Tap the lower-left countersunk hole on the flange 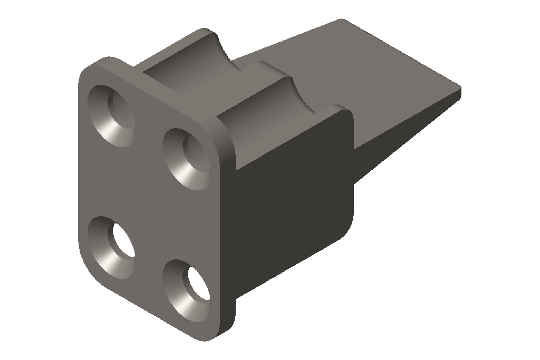tap(111, 246)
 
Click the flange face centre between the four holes tap(148, 200)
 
